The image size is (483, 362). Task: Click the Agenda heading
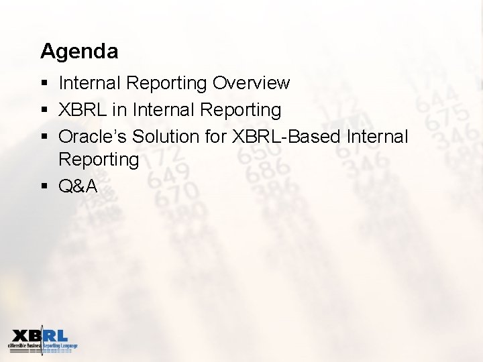[79, 51]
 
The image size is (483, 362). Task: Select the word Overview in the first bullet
[251, 83]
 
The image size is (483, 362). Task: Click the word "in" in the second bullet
[121, 110]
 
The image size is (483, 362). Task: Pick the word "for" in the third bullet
[215, 137]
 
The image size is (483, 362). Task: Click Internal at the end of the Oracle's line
[378, 137]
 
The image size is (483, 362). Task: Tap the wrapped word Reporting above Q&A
[99, 160]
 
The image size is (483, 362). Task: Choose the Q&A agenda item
[78, 186]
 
